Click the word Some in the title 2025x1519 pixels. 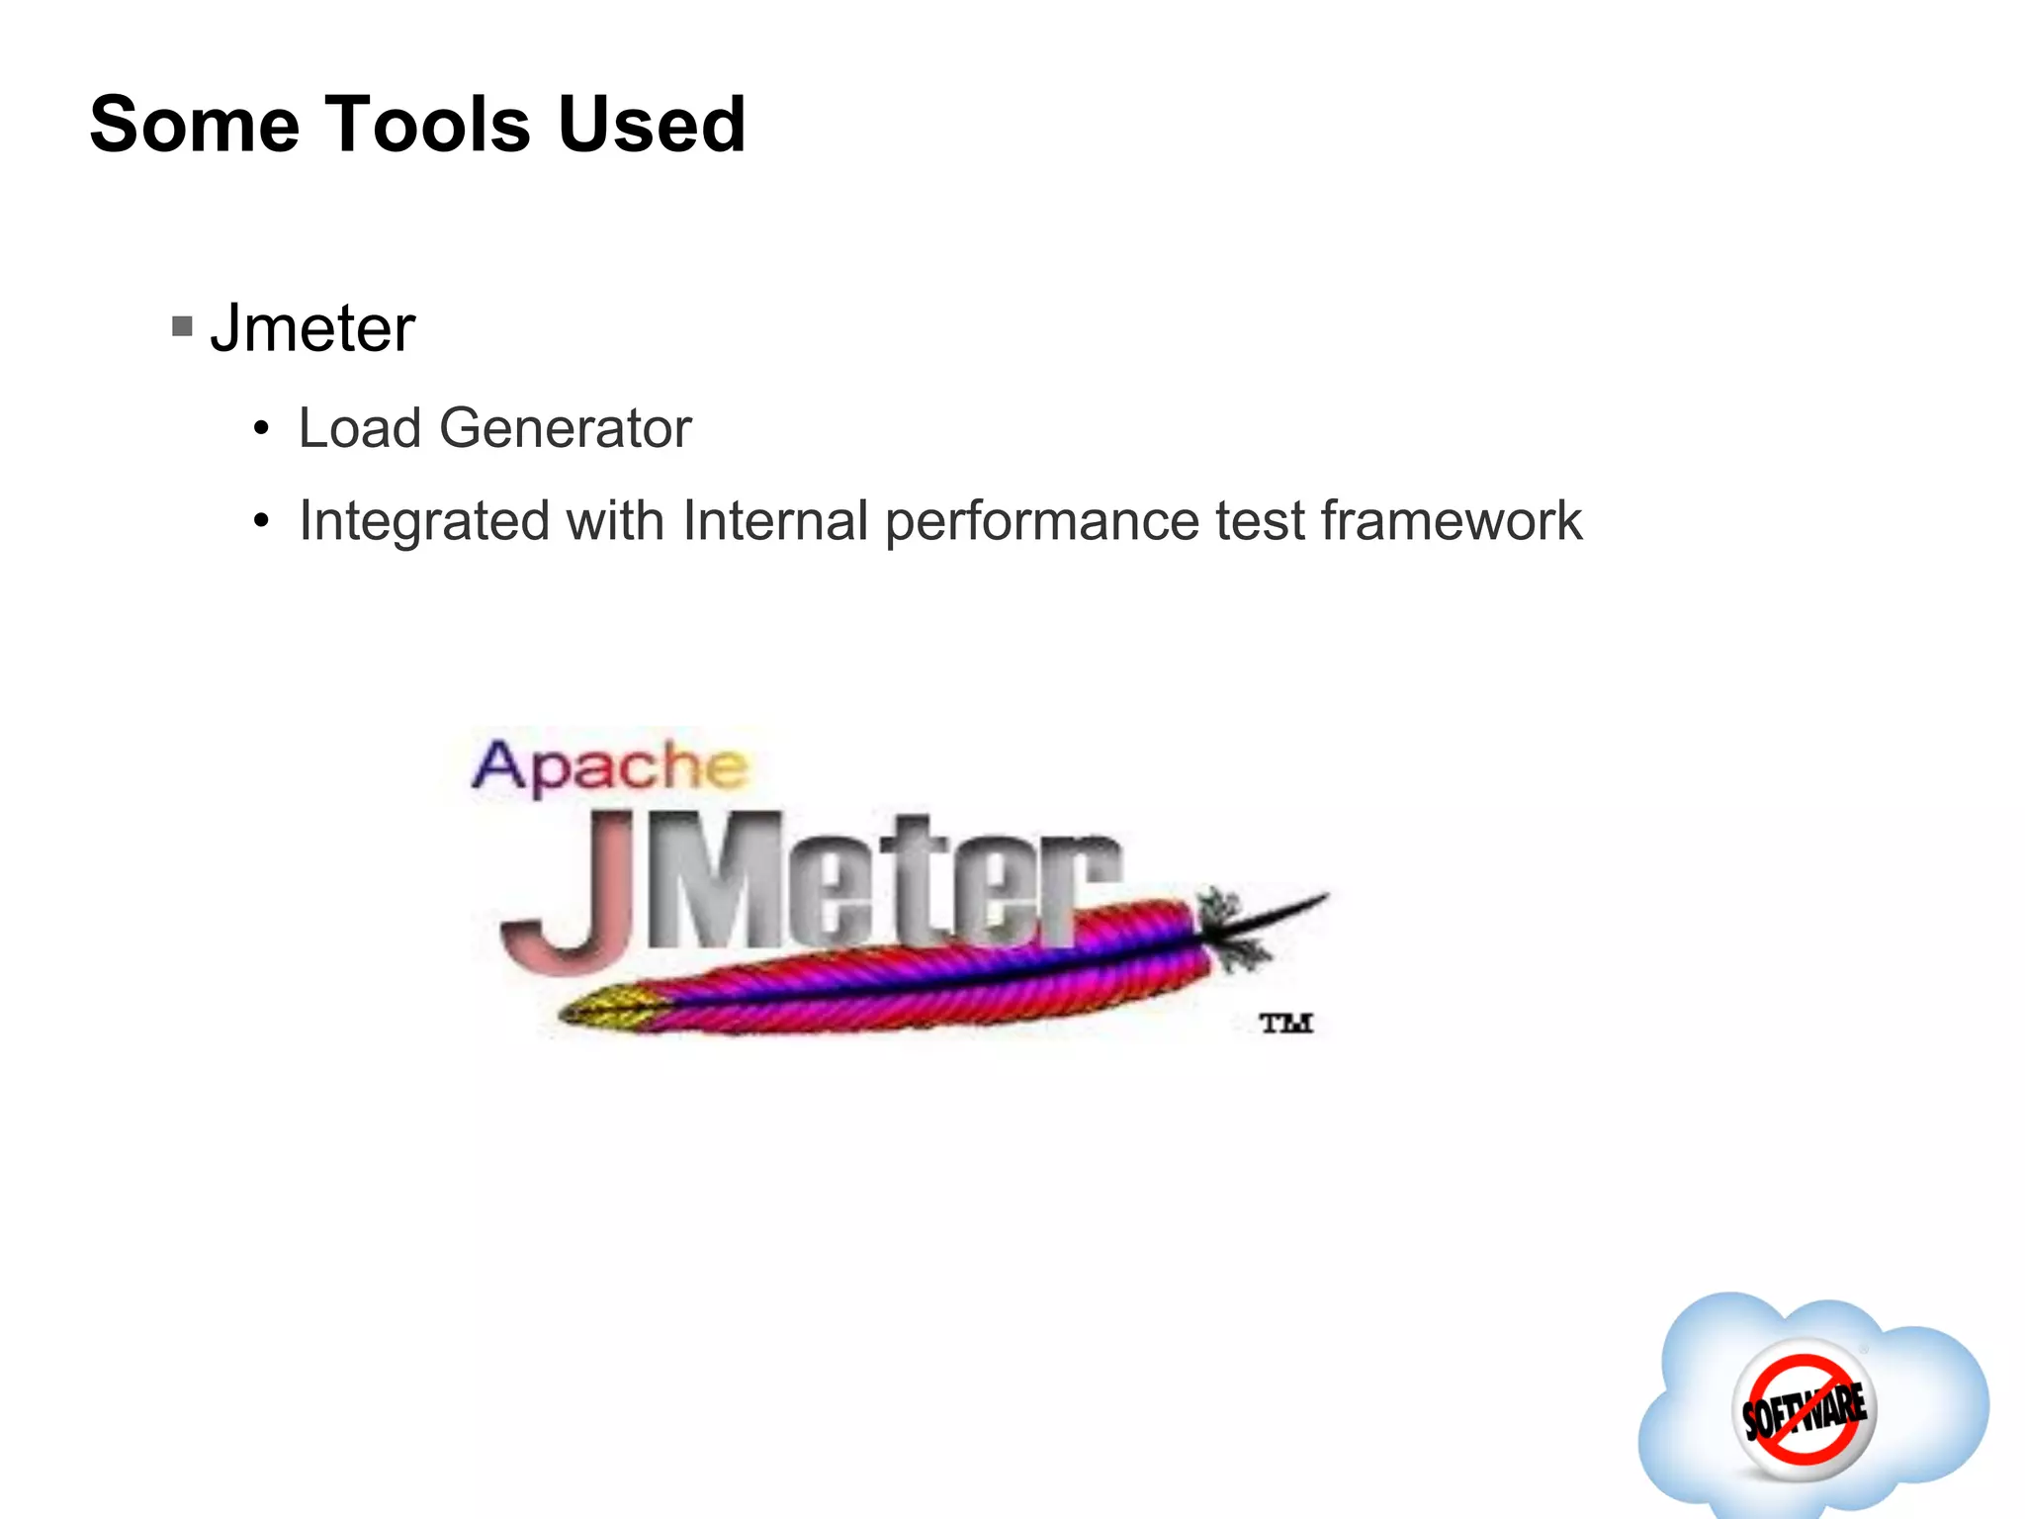(194, 125)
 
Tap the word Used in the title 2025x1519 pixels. (651, 125)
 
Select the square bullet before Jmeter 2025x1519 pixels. (182, 326)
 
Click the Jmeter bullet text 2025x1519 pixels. (312, 328)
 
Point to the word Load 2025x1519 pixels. (360, 428)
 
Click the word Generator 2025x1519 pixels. (565, 428)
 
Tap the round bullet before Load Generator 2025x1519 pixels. (260, 429)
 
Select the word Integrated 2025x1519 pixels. (424, 521)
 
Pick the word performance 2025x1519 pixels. (1041, 522)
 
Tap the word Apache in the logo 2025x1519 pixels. (609, 766)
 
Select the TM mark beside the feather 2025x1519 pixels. (1285, 1024)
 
